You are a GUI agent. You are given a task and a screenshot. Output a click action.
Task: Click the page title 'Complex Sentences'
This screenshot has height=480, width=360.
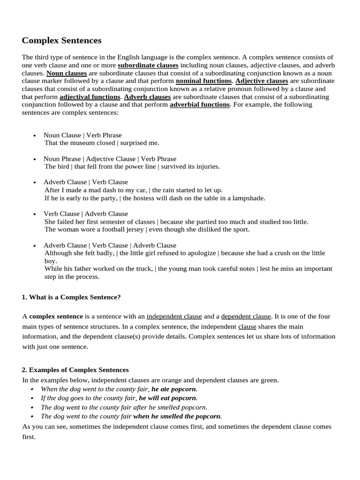pos(61,41)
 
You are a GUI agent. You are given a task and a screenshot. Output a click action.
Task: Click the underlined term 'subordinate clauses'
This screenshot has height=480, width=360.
pos(148,65)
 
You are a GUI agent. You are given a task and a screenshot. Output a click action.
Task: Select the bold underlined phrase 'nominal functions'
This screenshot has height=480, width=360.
pos(203,81)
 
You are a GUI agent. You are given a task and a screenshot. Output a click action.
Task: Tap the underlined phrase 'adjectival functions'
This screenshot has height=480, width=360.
pos(90,97)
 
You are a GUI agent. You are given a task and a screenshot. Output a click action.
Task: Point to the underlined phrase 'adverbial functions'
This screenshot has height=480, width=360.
pos(200,105)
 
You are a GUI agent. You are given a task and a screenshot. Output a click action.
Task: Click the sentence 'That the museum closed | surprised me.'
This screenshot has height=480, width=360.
pos(102,143)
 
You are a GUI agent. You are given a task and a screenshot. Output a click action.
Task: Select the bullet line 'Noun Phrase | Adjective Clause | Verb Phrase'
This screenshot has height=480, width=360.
pos(110,159)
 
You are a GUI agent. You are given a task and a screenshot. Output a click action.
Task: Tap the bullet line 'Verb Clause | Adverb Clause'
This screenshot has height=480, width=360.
pos(86,214)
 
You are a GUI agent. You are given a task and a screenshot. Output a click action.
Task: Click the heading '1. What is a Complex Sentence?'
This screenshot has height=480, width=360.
pos(71,297)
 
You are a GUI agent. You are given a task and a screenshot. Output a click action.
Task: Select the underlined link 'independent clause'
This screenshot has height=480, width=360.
pos(174,316)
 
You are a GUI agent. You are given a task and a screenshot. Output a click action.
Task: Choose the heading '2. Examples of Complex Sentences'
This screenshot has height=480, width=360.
pos(75,370)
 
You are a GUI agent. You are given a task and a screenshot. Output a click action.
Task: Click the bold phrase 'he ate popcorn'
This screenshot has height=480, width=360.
pos(174,389)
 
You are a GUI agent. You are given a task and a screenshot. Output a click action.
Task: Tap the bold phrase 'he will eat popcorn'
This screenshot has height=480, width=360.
pos(168,398)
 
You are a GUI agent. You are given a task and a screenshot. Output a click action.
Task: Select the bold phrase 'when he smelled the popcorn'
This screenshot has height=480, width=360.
pos(177,416)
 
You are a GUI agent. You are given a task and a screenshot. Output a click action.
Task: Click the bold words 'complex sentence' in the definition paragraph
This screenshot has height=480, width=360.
pos(56,316)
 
